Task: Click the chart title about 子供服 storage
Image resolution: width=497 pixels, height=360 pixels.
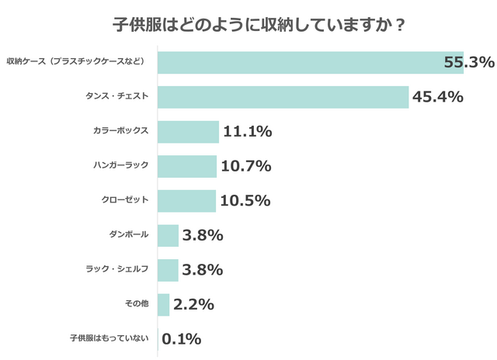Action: click(x=248, y=24)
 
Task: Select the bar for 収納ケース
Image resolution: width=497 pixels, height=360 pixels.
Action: click(x=310, y=62)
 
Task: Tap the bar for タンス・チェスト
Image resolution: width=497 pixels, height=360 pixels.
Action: click(x=283, y=97)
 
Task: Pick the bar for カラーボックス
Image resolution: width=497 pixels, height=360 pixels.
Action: click(x=188, y=132)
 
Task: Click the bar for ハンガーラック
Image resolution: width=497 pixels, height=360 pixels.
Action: click(x=187, y=166)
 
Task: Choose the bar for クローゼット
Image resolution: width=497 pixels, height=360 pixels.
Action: click(x=186, y=200)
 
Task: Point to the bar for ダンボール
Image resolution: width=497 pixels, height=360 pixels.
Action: click(x=168, y=235)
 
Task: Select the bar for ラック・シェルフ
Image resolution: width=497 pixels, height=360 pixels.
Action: click(x=168, y=269)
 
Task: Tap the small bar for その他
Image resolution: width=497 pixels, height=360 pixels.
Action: click(x=163, y=304)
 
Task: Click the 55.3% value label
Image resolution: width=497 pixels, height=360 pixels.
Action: click(x=469, y=62)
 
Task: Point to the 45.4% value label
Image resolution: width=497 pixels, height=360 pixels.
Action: click(x=438, y=97)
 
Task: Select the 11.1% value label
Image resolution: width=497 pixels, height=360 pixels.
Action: click(x=247, y=132)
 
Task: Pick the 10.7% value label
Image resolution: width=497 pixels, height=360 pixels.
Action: click(x=245, y=166)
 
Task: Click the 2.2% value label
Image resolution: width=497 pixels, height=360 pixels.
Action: click(x=193, y=304)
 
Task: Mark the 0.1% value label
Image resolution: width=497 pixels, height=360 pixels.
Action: click(x=182, y=339)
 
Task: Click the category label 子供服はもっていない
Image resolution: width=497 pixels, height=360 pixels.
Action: click(x=109, y=338)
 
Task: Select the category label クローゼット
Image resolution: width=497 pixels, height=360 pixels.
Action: click(x=124, y=200)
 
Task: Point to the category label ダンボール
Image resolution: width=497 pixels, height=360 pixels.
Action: click(x=129, y=234)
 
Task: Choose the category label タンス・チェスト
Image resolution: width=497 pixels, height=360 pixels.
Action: click(x=116, y=97)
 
